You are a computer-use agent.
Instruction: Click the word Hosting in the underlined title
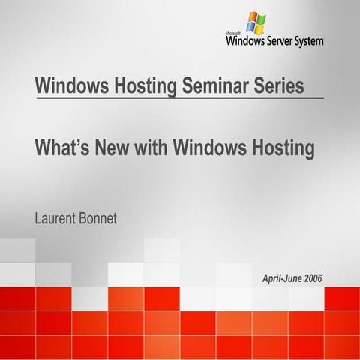[x=143, y=85]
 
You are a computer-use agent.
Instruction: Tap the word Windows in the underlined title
[x=70, y=85]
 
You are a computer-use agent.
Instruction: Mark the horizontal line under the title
[x=180, y=98]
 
